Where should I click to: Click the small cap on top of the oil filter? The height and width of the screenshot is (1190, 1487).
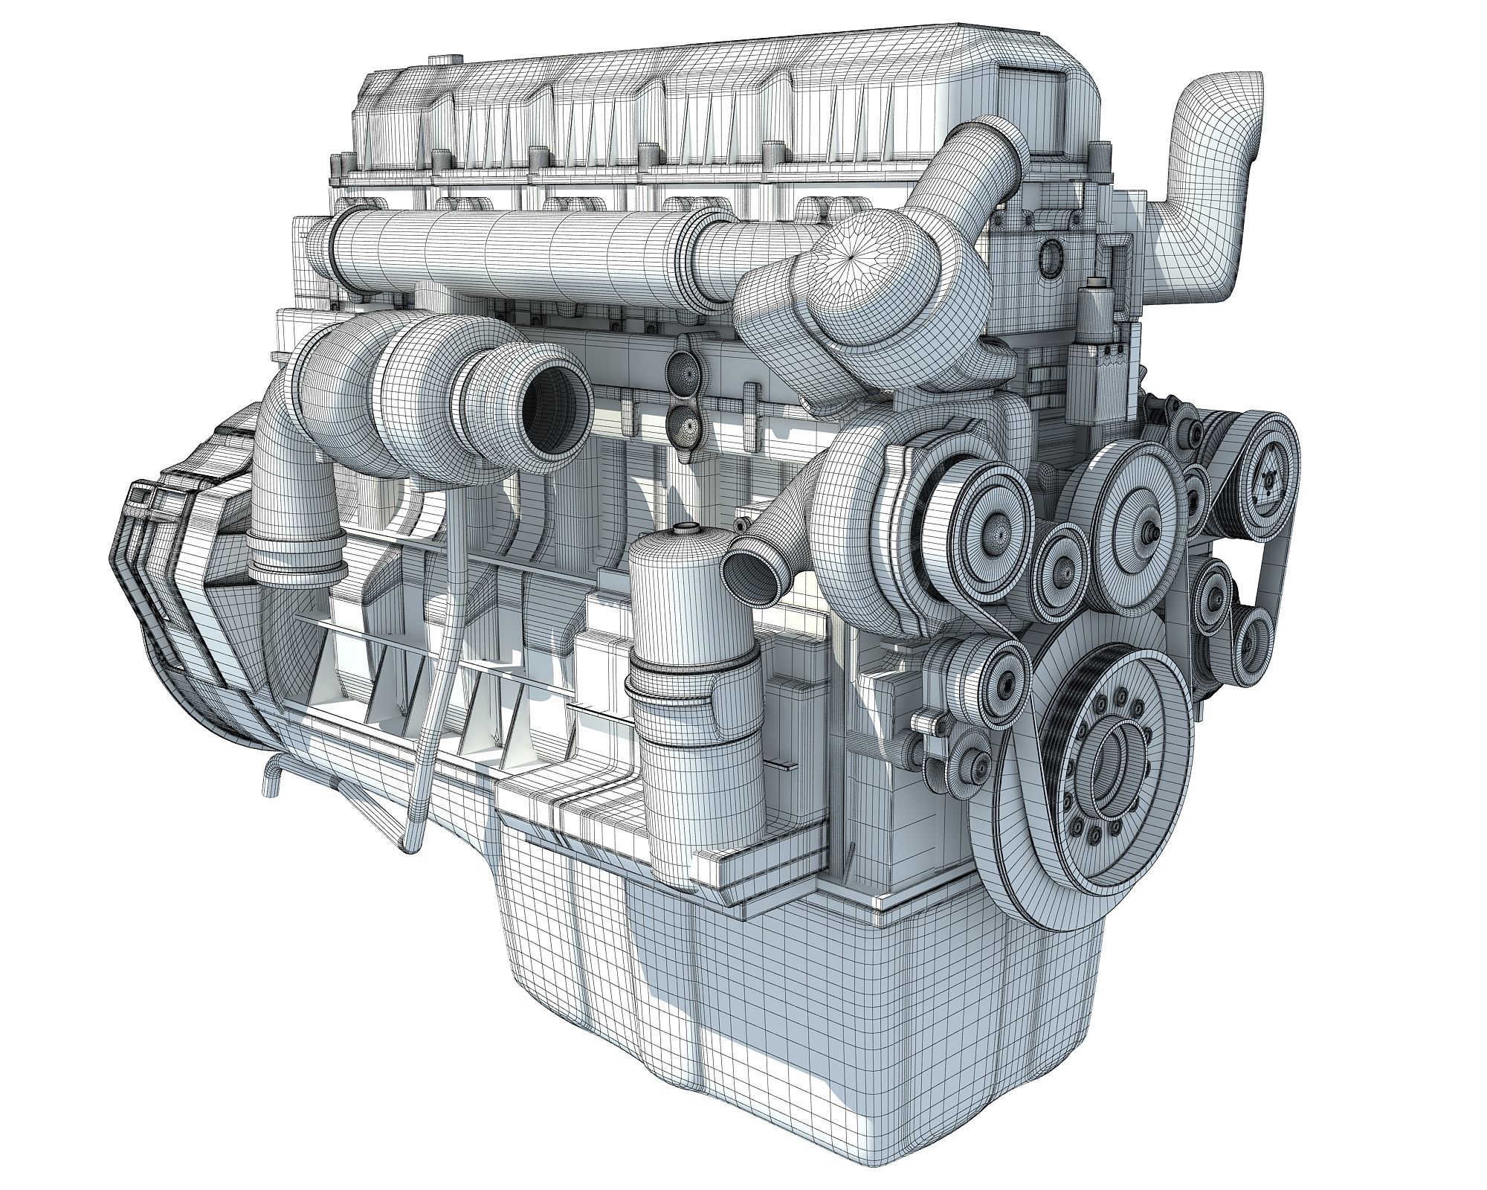[x=683, y=530]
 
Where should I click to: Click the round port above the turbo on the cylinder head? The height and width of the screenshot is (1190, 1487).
[x=1051, y=257]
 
